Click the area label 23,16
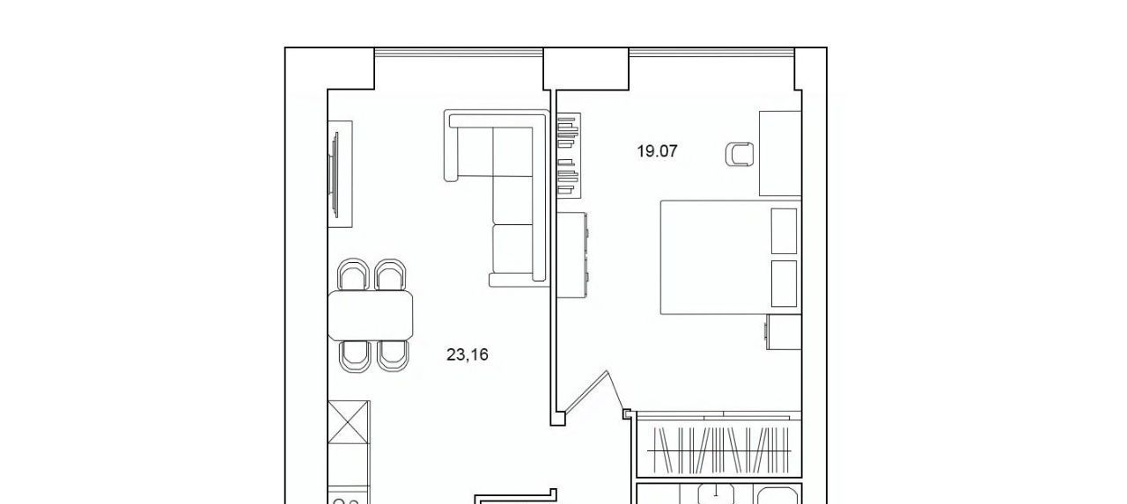(468, 354)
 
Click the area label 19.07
(657, 150)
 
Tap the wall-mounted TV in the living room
(340, 174)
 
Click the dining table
(371, 316)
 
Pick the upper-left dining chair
(354, 274)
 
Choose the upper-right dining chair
(391, 274)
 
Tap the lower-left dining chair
(355, 356)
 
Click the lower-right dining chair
(393, 356)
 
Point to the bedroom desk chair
(740, 154)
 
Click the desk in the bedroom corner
(780, 153)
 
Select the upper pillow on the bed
(784, 231)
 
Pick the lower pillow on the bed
(784, 283)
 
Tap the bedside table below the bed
(784, 332)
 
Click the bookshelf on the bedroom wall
(569, 155)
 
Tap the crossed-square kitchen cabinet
(349, 422)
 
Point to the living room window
(459, 52)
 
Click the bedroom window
(712, 52)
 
